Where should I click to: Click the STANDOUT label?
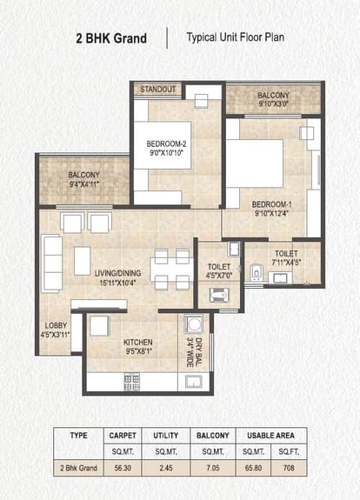pyautogui.click(x=158, y=90)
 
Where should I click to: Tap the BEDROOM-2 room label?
pyautogui.click(x=166, y=143)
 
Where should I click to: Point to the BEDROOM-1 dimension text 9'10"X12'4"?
pyautogui.click(x=271, y=213)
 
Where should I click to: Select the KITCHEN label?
pyautogui.click(x=138, y=343)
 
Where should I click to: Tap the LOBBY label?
pyautogui.click(x=56, y=325)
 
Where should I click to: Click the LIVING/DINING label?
pyautogui.click(x=117, y=273)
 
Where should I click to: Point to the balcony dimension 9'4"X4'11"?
pyautogui.click(x=84, y=184)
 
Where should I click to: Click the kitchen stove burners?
pyautogui.click(x=131, y=382)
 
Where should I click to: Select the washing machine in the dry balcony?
pyautogui.click(x=194, y=324)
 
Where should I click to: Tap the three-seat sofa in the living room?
pyautogui.click(x=51, y=263)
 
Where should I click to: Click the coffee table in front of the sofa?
pyautogui.click(x=83, y=261)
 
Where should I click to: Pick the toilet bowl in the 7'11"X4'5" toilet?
pyautogui.click(x=256, y=272)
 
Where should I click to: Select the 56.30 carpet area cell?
pyautogui.click(x=123, y=468)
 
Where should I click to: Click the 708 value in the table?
pyautogui.click(x=289, y=468)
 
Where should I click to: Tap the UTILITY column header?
pyautogui.click(x=166, y=436)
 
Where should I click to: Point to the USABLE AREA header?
pyautogui.click(x=270, y=436)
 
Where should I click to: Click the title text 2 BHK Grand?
pyautogui.click(x=111, y=38)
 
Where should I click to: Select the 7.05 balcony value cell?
pyautogui.click(x=213, y=468)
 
